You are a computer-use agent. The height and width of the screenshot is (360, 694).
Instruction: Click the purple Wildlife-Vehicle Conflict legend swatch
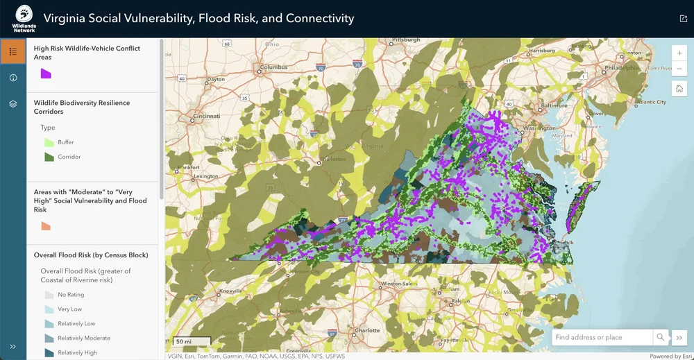pyautogui.click(x=46, y=74)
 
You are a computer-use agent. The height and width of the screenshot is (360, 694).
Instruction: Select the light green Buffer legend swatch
pyautogui.click(x=49, y=142)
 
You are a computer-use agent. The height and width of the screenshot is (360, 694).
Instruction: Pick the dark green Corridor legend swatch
pyautogui.click(x=49, y=157)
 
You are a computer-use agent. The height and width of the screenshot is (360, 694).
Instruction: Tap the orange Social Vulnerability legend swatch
pyautogui.click(x=46, y=225)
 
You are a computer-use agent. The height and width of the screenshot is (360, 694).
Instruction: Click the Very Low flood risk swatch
pyautogui.click(x=49, y=309)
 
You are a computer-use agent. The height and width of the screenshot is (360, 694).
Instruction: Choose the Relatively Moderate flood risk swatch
pyautogui.click(x=49, y=338)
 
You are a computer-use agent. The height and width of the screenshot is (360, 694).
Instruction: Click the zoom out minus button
pyautogui.click(x=679, y=69)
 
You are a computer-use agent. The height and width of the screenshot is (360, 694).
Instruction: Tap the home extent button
pyautogui.click(x=679, y=89)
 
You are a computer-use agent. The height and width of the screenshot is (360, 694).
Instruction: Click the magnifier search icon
pyautogui.click(x=660, y=338)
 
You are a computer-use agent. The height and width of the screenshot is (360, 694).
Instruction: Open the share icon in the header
pyautogui.click(x=683, y=19)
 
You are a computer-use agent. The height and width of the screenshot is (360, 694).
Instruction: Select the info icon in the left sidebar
pyautogui.click(x=13, y=78)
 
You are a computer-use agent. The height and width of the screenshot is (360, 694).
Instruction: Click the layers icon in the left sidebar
pyautogui.click(x=13, y=104)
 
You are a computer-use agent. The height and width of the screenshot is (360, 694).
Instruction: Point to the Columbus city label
pyautogui.click(x=274, y=67)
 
